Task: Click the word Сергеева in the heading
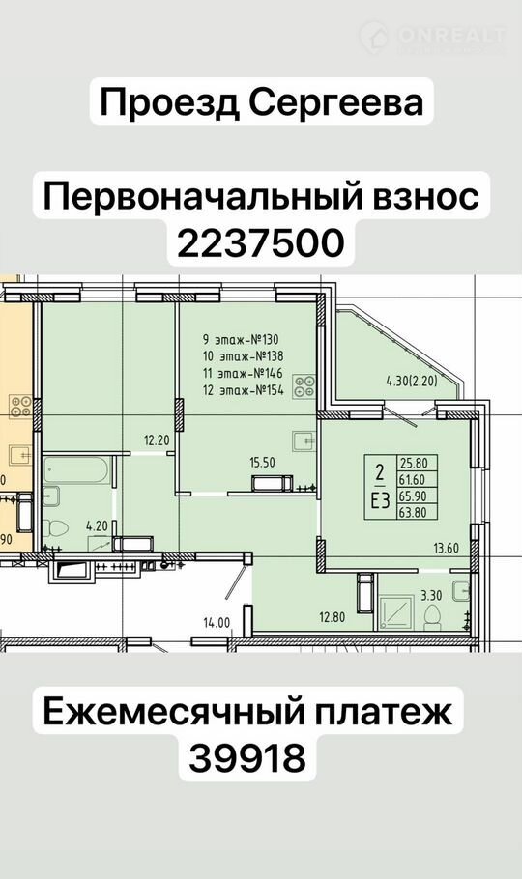pyautogui.click(x=335, y=103)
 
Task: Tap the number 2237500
pyautogui.click(x=260, y=243)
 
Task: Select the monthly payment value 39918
pyautogui.click(x=247, y=758)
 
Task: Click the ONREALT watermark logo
pyautogui.click(x=433, y=37)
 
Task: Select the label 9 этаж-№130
pyautogui.click(x=241, y=339)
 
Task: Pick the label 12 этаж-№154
pyautogui.click(x=243, y=390)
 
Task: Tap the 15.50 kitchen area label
pyautogui.click(x=262, y=462)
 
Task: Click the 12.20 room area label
pyautogui.click(x=157, y=440)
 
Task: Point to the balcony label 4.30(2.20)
pyautogui.click(x=412, y=382)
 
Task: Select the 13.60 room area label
pyautogui.click(x=447, y=548)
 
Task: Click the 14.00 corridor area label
pyautogui.click(x=217, y=622)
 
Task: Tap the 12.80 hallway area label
pyautogui.click(x=333, y=618)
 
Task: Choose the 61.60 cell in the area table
pyautogui.click(x=412, y=479)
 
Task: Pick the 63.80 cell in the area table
pyautogui.click(x=412, y=511)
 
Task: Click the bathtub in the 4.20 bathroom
pyautogui.click(x=77, y=470)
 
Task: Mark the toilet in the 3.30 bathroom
pyautogui.click(x=432, y=617)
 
